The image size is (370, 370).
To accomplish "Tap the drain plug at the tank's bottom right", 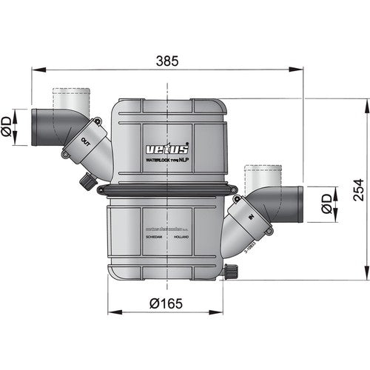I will pyautogui.click(x=226, y=273).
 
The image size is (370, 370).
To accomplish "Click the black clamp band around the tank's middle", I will pyautogui.click(x=167, y=191).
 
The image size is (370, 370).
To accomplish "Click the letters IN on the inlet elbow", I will pyautogui.click(x=251, y=217).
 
